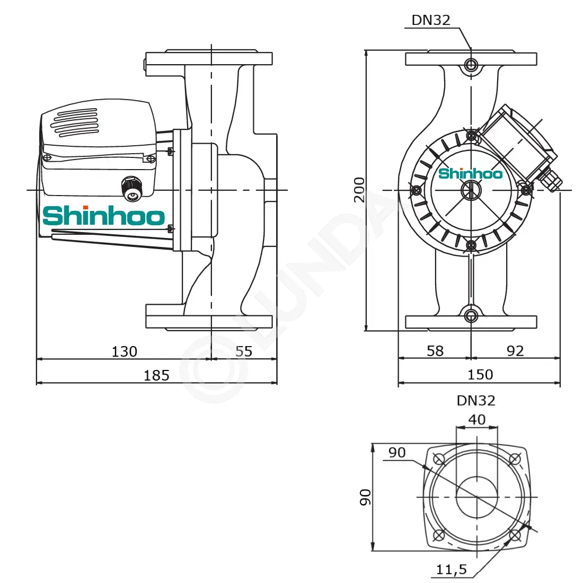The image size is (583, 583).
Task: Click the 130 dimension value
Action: click(124, 351)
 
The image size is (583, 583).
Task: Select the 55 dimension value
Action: click(244, 351)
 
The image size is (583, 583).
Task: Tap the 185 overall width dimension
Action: click(156, 375)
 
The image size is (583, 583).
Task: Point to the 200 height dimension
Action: click(359, 190)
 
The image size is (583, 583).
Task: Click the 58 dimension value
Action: click(435, 351)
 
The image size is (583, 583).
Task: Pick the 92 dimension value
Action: click(515, 351)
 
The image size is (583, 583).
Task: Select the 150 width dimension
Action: click(480, 374)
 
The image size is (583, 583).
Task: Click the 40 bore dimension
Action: click(476, 419)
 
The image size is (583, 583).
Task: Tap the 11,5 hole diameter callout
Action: click(452, 569)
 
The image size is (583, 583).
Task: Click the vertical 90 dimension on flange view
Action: click(365, 497)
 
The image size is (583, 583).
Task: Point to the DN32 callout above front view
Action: click(431, 20)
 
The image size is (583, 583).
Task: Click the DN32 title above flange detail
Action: click(476, 401)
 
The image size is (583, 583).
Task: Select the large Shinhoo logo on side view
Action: click(104, 216)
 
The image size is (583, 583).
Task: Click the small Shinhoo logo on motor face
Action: click(470, 173)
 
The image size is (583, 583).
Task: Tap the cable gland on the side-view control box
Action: click(132, 188)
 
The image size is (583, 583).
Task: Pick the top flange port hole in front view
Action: click(471, 65)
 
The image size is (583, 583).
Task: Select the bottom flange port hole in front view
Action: click(471, 316)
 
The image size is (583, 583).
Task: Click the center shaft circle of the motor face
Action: click(471, 190)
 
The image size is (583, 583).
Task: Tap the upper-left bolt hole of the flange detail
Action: click(439, 459)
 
